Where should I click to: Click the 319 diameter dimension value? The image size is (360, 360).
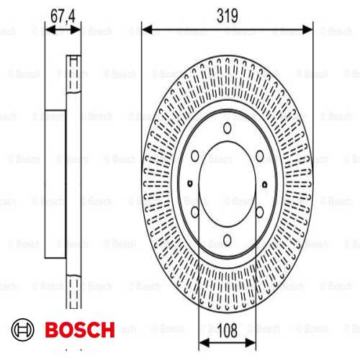click(227, 16)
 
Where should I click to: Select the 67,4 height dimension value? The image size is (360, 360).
click(63, 17)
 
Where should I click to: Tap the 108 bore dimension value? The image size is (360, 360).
click(228, 330)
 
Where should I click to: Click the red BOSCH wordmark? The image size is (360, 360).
click(80, 330)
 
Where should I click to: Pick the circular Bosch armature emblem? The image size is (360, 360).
click(22, 330)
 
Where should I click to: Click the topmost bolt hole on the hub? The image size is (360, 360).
click(228, 128)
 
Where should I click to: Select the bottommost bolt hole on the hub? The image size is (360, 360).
click(228, 240)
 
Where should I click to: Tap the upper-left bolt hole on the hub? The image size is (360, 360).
click(195, 156)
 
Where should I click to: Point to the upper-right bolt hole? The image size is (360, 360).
click(260, 156)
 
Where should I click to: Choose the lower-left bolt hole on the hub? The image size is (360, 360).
click(195, 212)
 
